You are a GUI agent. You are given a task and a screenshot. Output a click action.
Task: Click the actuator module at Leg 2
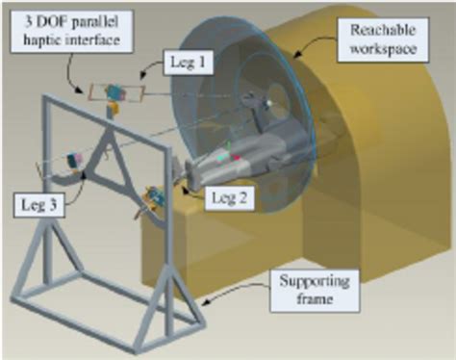click(x=154, y=198)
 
